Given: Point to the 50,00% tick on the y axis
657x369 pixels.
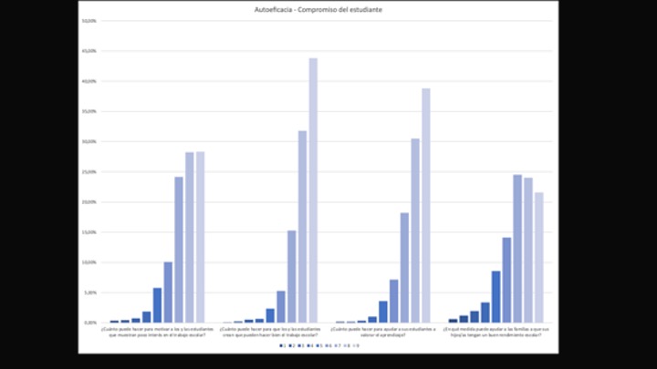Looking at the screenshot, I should [89, 21].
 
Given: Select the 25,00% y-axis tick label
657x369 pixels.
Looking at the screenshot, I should [89, 171].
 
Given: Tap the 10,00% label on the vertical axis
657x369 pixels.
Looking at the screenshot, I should [89, 262].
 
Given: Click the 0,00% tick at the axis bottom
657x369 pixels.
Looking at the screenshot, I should [90, 323].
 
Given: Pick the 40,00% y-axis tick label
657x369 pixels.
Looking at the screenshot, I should [89, 81].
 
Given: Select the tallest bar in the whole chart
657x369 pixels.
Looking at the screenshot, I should [313, 190].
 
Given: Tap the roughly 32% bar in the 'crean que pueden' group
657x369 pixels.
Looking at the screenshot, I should [302, 227].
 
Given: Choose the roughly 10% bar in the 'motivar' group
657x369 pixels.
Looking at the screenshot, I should [168, 292].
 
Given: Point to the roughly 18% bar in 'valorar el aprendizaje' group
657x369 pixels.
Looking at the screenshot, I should [404, 268].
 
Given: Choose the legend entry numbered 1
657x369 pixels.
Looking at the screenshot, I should [282, 346].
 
